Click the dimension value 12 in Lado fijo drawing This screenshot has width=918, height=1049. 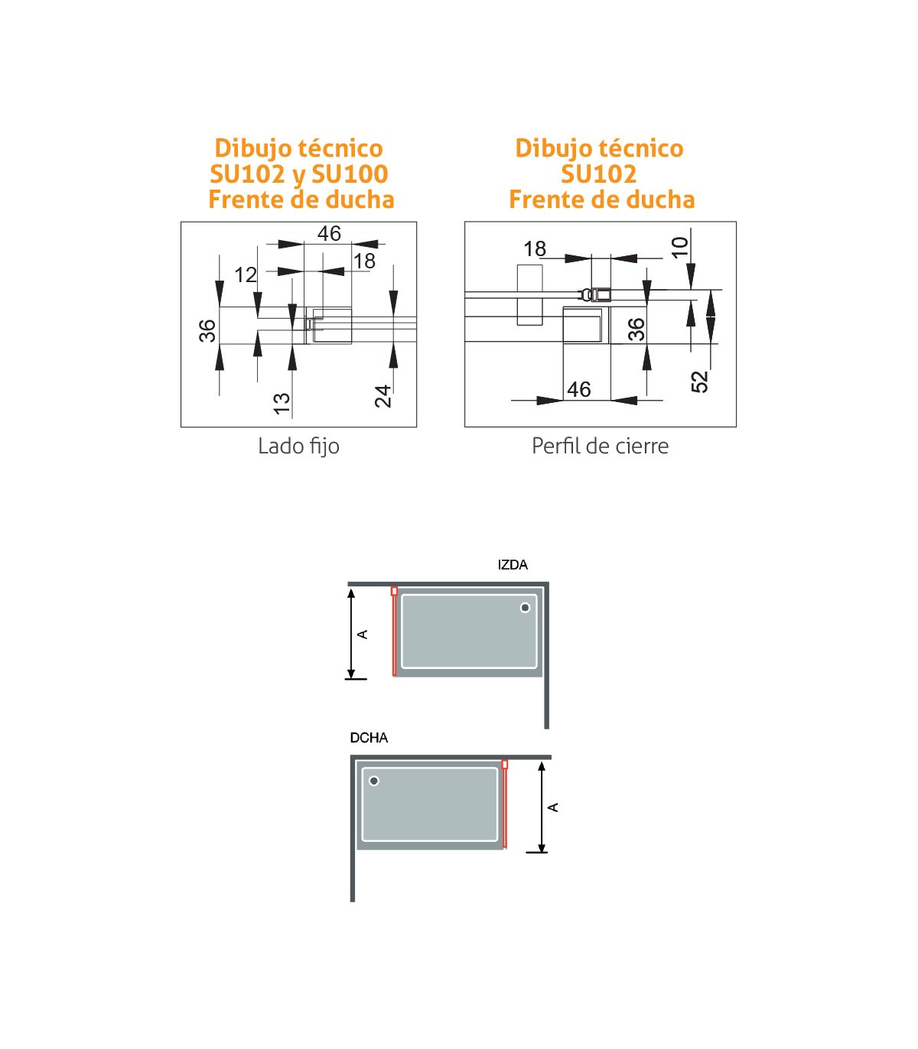coord(246,275)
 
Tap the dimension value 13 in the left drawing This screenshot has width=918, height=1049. coord(282,404)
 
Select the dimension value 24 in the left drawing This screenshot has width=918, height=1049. coord(383,396)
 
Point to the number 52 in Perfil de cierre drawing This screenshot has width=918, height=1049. coord(699,382)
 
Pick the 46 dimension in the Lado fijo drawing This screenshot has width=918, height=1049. coord(329,234)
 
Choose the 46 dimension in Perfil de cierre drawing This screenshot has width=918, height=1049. coord(579,390)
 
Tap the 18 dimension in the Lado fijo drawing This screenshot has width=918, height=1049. coord(365,261)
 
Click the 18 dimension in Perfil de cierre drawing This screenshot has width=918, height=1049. coord(535,249)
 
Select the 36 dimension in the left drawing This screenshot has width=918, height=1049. coord(208,331)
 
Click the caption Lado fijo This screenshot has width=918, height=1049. coord(298,446)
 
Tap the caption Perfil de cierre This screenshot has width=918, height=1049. coord(600,446)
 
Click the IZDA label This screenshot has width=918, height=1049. coord(513,564)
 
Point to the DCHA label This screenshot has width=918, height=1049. coord(369,738)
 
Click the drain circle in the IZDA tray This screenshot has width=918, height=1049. coord(525,608)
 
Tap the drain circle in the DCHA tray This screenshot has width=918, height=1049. coord(374,781)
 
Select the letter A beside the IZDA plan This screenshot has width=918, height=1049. coord(363,635)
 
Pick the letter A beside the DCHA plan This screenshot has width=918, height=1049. coord(553,807)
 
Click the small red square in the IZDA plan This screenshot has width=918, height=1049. coord(394,591)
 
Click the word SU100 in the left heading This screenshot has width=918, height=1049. coord(350,174)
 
